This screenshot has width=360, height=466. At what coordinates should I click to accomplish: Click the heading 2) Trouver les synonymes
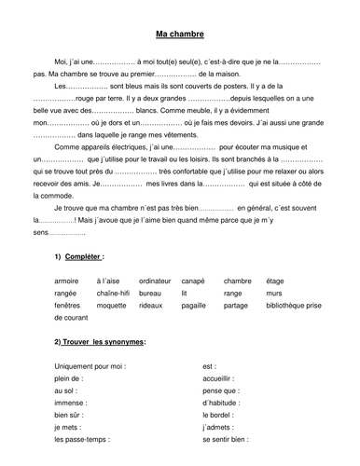click(x=99, y=342)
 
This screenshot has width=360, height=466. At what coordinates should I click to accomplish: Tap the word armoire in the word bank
click(x=68, y=279)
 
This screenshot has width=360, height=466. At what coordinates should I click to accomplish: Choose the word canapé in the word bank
click(x=193, y=279)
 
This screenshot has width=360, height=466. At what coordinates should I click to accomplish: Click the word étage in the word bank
click(x=276, y=279)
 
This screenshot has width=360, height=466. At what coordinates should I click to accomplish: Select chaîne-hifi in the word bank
click(x=114, y=292)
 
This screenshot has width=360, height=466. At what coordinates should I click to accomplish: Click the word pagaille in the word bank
click(x=193, y=305)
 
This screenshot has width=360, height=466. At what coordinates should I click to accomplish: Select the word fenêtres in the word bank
click(x=69, y=305)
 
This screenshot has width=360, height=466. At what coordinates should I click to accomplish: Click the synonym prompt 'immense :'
click(x=71, y=403)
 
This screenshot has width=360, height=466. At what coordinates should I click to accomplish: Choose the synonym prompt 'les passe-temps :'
click(x=82, y=438)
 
